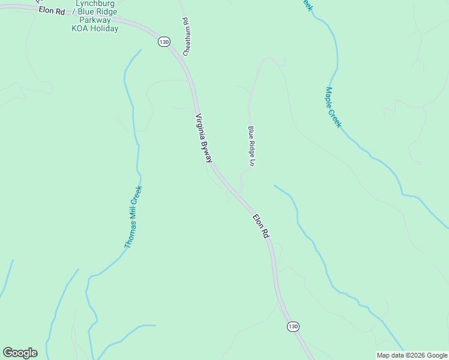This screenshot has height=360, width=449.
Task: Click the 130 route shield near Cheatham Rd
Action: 164,41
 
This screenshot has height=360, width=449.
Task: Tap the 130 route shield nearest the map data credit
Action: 292,326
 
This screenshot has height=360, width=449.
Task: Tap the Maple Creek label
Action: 333,107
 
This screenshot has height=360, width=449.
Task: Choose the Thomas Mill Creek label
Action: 133,217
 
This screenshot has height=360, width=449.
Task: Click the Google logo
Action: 20,353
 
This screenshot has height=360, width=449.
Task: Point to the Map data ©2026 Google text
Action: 412,355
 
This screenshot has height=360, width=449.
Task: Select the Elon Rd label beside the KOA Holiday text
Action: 52,11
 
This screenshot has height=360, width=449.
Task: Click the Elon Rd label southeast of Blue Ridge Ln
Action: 260,227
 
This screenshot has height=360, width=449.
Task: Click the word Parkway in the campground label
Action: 94,20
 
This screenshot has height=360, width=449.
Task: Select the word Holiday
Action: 105,28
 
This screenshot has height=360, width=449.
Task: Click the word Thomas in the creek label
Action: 130,235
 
